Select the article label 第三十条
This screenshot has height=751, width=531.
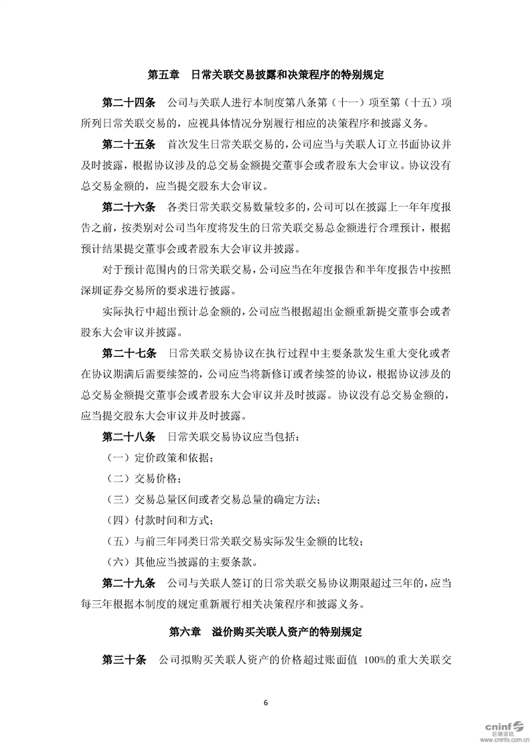[x=123, y=660]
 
